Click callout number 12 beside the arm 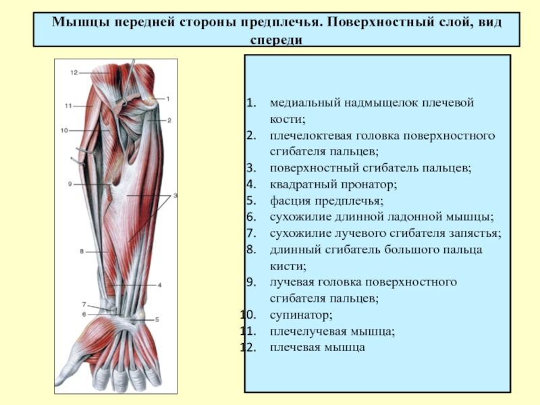pyautogui.click(x=74, y=73)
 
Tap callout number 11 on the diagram pyautogui.click(x=68, y=106)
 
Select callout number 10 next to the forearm pyautogui.click(x=64, y=130)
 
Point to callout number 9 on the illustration pyautogui.click(x=70, y=184)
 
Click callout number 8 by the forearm pyautogui.click(x=82, y=251)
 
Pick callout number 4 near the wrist pyautogui.click(x=159, y=285)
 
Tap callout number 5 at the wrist pyautogui.click(x=157, y=319)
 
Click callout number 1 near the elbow pyautogui.click(x=168, y=99)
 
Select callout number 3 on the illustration pyautogui.click(x=175, y=196)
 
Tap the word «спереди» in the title pyautogui.click(x=277, y=40)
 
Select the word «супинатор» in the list pyautogui.click(x=301, y=315)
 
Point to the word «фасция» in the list pyautogui.click(x=290, y=200)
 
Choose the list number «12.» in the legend pyautogui.click(x=248, y=347)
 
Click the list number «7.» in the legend pyautogui.click(x=251, y=233)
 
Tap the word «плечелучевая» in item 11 pyautogui.click(x=308, y=331)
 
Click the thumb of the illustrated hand pyautogui.click(x=71, y=370)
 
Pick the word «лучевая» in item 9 pyautogui.click(x=292, y=282)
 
